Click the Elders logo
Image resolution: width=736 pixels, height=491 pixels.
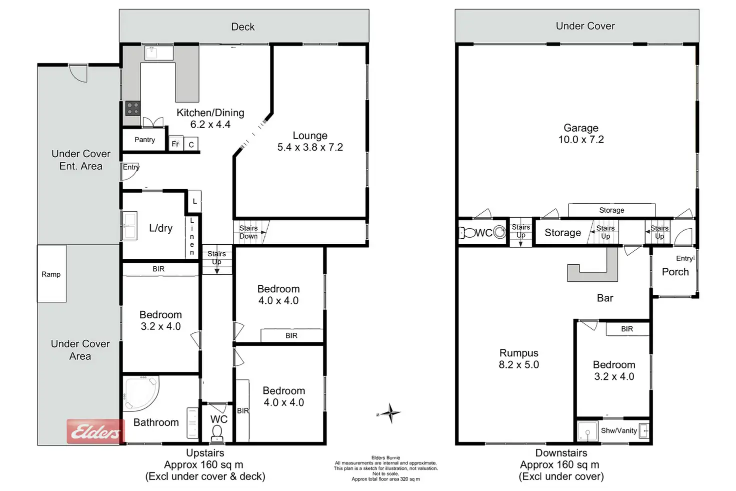tap(95, 431)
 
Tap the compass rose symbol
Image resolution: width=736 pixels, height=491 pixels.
tap(390, 413)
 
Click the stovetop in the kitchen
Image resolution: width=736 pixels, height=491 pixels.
tap(132, 108)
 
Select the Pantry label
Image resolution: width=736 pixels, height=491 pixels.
tap(144, 140)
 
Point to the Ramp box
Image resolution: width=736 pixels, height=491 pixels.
tap(51, 274)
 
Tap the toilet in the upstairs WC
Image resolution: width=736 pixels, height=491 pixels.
tap(217, 433)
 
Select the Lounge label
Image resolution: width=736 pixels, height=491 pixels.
tap(310, 136)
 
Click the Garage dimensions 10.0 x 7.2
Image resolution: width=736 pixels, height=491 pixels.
tap(581, 140)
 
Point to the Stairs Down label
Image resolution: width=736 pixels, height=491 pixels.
tap(248, 232)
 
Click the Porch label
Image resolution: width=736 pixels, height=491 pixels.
tap(675, 272)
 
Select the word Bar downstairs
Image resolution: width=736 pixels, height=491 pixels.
tap(605, 298)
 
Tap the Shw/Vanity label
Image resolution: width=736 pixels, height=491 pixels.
tap(618, 430)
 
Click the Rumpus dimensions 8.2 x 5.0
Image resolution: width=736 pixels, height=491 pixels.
tap(518, 365)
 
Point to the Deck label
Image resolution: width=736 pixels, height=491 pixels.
tap(243, 27)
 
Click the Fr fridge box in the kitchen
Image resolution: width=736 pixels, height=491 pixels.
tap(175, 144)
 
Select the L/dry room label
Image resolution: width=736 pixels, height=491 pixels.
tap(160, 228)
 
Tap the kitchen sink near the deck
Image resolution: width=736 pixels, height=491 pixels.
tap(152, 52)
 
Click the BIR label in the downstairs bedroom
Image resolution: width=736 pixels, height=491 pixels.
tap(627, 329)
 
